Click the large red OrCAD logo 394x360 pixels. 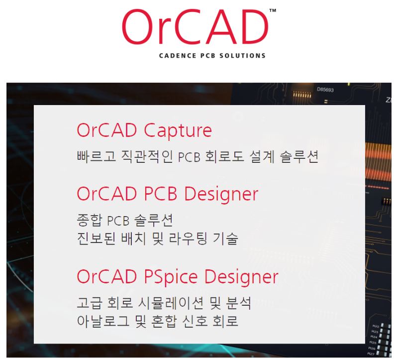pos(195,27)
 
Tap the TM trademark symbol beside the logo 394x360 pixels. pos(273,10)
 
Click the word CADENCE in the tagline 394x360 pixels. pos(178,56)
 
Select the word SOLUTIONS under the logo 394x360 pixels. pos(242,56)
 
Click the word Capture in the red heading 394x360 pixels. pos(178,131)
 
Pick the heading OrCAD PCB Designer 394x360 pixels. pos(168,194)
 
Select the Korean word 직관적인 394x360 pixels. pos(147,156)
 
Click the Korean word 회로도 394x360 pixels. pos(224,156)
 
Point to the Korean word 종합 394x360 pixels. pos(90,220)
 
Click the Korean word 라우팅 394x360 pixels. pos(188,239)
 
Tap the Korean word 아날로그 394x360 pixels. pos(103,321)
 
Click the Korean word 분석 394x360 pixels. pos(238,303)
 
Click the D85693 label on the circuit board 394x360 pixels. pos(325,89)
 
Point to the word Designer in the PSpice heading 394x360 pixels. pos(241,277)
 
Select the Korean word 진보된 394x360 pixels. pos(96,239)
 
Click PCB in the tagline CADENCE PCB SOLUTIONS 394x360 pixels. pos(208,56)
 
